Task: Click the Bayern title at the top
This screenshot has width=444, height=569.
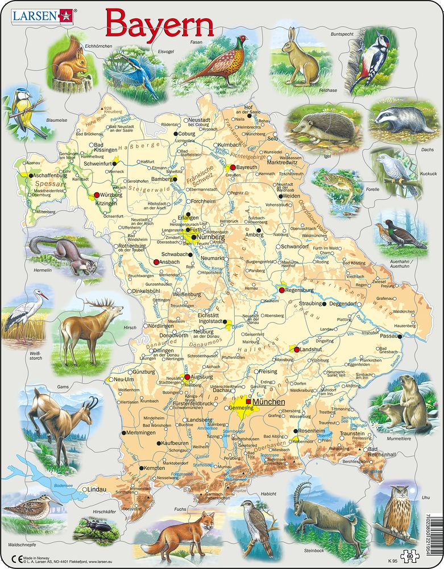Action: [160, 24]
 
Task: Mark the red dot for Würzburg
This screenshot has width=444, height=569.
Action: [97, 195]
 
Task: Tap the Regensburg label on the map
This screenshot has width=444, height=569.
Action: [301, 291]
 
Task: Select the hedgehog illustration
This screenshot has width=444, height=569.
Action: [322, 128]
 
